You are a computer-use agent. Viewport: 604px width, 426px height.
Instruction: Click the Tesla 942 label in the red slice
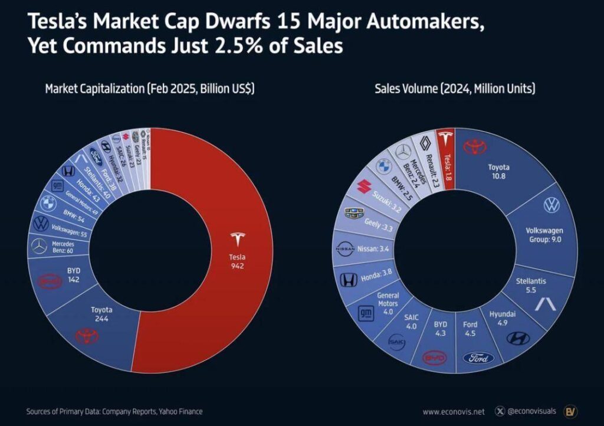click(x=238, y=261)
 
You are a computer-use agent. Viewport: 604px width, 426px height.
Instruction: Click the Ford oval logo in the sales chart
click(x=478, y=358)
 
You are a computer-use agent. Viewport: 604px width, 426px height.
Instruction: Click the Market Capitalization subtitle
click(x=150, y=89)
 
